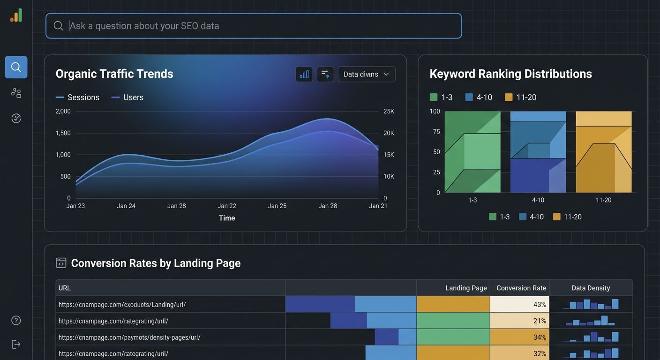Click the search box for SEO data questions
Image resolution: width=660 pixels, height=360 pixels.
click(x=253, y=26)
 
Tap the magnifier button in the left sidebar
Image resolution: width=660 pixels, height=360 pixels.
click(x=16, y=67)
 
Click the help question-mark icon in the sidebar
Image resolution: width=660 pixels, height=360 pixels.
click(x=16, y=321)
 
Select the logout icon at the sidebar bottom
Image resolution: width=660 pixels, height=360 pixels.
click(x=16, y=345)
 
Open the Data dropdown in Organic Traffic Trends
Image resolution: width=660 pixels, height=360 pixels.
click(x=366, y=74)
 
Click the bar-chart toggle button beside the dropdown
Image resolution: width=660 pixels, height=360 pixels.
click(x=304, y=74)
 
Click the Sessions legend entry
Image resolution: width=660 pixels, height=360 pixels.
click(x=78, y=97)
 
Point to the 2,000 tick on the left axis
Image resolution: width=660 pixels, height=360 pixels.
click(x=63, y=112)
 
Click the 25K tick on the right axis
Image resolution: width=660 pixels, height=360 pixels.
click(x=389, y=112)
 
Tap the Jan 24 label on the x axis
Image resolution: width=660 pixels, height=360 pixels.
click(x=126, y=206)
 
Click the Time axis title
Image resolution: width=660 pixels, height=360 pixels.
click(x=227, y=218)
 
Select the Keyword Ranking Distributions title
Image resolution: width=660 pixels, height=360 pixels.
click(x=510, y=74)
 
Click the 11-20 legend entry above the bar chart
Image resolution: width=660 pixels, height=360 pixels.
click(x=520, y=97)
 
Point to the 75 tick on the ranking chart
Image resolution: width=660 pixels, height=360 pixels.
click(x=436, y=132)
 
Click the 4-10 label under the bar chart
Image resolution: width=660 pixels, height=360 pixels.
click(x=538, y=200)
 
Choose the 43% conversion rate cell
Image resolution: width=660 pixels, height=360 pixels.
click(x=519, y=305)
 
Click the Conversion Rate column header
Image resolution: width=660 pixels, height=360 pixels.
click(x=521, y=288)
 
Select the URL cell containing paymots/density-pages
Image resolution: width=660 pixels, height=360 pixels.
click(x=129, y=337)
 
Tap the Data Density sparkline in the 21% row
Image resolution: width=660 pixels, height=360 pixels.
click(x=591, y=321)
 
